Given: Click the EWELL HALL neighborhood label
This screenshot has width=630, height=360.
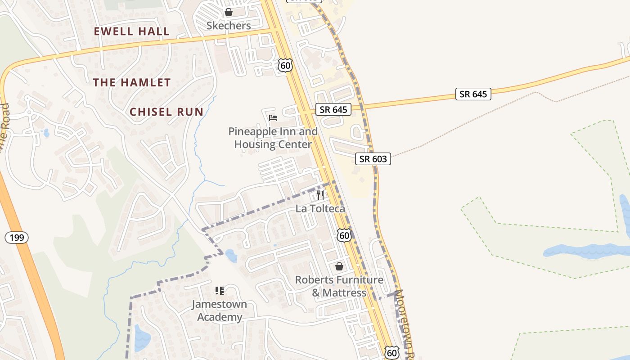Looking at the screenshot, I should coord(132,31).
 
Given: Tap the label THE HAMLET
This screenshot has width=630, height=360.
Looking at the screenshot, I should coord(132,83).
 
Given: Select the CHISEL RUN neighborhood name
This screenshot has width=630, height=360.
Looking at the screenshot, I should coord(166,112).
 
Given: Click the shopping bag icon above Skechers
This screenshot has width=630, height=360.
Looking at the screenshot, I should coord(229,12).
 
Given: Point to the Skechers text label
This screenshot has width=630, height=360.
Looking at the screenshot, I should coord(229,26).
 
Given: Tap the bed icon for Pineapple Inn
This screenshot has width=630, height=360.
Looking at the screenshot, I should coord(273,118).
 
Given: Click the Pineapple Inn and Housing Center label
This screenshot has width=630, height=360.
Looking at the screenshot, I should coord(273,138).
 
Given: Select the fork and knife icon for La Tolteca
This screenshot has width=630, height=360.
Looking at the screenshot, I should coord(320,195).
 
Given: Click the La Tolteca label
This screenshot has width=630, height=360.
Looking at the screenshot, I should coord(320,209).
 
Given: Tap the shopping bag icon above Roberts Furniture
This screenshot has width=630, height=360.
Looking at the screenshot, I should coord(339,266).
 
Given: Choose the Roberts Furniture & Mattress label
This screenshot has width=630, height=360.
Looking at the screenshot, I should coord(339,286).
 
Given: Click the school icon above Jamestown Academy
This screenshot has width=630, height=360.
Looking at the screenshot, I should coord(219,291).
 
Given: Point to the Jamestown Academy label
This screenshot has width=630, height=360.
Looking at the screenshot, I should coord(220,310).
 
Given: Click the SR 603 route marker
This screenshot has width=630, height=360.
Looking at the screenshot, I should coord(373,159).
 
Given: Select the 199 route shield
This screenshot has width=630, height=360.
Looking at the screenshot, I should coord(17,238).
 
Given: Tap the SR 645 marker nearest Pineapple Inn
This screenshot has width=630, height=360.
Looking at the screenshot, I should coord(333,109).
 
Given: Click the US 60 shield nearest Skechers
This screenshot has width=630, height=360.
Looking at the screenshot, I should coord(285,65).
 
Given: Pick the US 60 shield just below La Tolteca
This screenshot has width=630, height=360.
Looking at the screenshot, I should coord(344,235).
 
